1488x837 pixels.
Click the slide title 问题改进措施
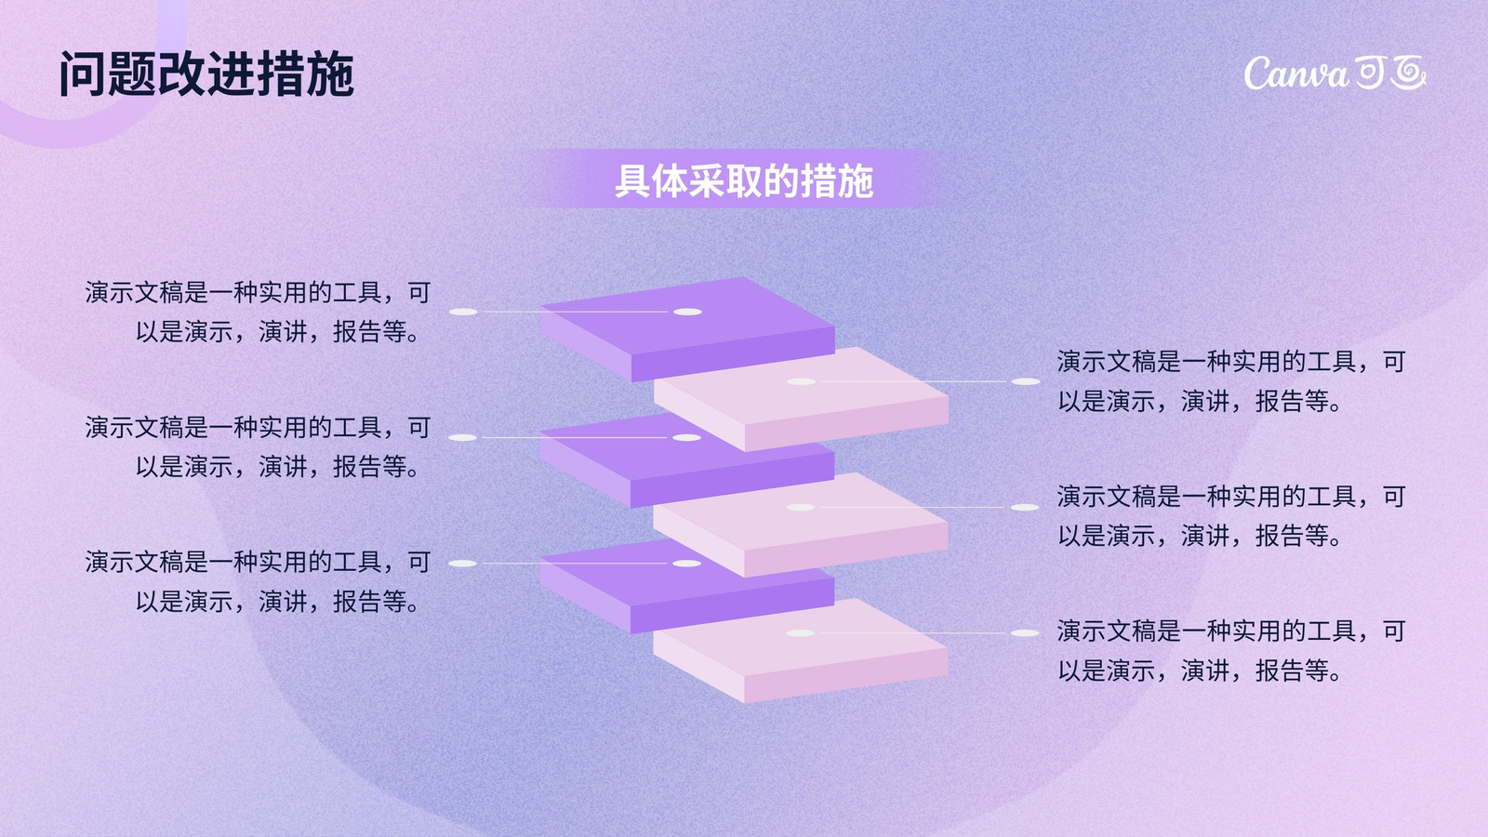[206, 73]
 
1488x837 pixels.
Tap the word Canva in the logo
[1296, 73]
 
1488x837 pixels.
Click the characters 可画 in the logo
[1389, 73]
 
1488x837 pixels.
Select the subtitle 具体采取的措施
[744, 180]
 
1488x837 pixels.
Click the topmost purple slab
[687, 329]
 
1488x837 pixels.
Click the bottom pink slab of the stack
[801, 651]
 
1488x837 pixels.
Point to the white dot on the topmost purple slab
[687, 312]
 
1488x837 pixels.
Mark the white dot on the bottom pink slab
[801, 633]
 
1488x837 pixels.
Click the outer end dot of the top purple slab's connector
[464, 312]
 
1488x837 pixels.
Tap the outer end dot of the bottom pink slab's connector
[1025, 633]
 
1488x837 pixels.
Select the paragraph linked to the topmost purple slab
[258, 312]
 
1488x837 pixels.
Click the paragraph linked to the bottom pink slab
[1231, 650]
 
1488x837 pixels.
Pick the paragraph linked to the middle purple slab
[258, 446]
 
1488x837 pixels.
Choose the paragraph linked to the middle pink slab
[1231, 515]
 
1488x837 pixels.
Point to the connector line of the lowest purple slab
[575, 564]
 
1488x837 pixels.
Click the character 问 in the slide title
[83, 73]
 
